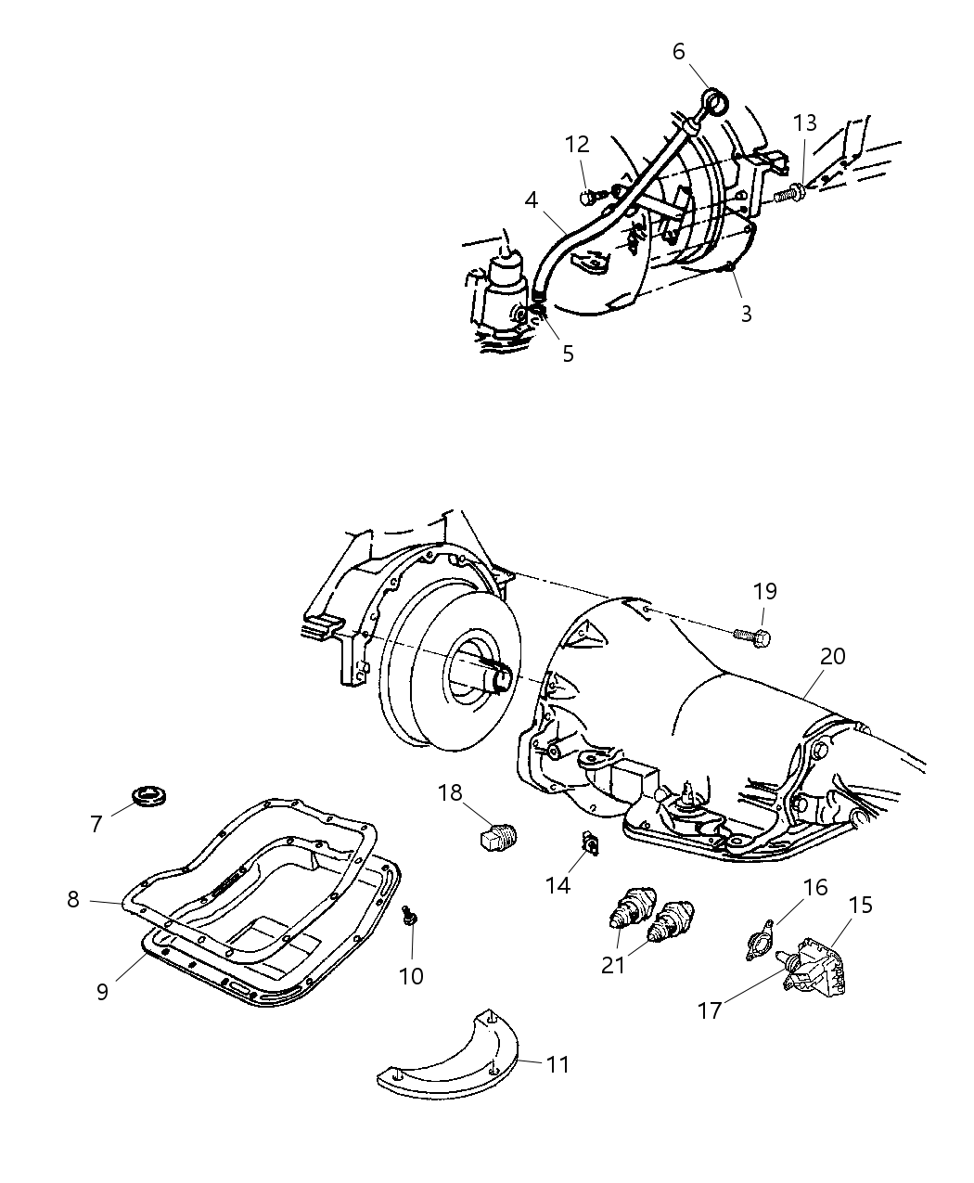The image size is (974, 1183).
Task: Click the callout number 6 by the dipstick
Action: (678, 52)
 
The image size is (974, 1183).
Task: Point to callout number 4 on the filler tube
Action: (532, 199)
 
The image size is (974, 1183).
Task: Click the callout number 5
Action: (568, 354)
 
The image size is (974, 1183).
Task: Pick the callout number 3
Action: (746, 314)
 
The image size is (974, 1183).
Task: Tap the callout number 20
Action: (832, 656)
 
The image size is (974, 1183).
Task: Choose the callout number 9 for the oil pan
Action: (102, 991)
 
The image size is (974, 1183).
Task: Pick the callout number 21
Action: (613, 964)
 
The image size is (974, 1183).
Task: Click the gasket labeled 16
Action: (763, 943)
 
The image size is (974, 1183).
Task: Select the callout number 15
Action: (861, 905)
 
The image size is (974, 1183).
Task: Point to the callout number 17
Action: (710, 1009)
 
